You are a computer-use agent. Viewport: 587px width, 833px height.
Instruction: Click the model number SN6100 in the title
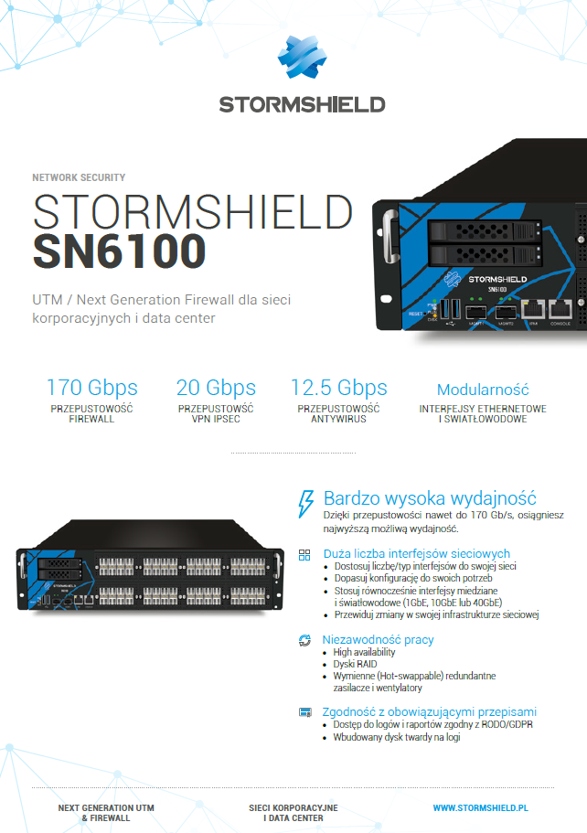click(x=120, y=251)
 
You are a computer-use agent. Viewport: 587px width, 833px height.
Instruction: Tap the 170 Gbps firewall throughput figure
click(x=91, y=387)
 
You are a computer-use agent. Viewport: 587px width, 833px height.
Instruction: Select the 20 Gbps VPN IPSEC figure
click(x=216, y=387)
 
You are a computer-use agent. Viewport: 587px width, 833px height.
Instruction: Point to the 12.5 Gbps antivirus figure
click(x=338, y=387)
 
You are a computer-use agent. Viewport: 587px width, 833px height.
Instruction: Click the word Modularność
click(x=483, y=390)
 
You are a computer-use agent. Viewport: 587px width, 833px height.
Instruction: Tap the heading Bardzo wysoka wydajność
click(x=430, y=498)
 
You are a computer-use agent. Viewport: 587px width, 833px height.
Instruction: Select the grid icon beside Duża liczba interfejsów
click(x=305, y=554)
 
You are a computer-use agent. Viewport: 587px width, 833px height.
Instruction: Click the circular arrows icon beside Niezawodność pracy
click(x=305, y=640)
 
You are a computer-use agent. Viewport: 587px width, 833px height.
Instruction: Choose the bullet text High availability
click(x=365, y=652)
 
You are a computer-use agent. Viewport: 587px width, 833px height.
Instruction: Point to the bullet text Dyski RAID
click(x=355, y=664)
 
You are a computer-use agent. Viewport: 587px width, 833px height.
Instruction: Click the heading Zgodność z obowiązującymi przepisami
click(x=430, y=711)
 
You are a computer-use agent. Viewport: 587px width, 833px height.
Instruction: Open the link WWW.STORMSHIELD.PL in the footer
click(x=481, y=808)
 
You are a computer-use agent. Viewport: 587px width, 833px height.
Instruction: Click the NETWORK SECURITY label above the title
click(x=79, y=177)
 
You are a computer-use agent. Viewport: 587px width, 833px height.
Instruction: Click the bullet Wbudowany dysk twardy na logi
click(x=397, y=737)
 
